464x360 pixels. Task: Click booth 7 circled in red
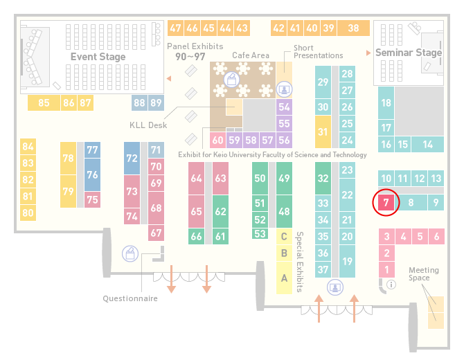[386, 203]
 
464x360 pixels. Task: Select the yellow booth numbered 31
[323, 132]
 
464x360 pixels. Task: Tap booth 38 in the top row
[354, 28]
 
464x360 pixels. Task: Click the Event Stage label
[98, 57]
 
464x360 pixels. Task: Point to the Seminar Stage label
[409, 53]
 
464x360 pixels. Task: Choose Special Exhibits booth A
[284, 278]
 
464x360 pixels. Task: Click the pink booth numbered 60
[217, 141]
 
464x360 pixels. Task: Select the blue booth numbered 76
[92, 175]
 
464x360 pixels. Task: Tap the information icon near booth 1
[391, 285]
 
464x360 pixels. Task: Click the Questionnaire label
[130, 298]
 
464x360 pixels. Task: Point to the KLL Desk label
[148, 125]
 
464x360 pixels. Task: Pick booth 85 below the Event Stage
[44, 103]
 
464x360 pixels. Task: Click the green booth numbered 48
[284, 211]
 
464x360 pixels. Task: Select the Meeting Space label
[424, 274]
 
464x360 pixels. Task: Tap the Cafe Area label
[251, 55]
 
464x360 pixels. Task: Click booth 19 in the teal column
[347, 261]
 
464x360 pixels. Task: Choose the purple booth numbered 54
[284, 107]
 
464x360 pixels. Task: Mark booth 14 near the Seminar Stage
[427, 145]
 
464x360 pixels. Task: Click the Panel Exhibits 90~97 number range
[190, 57]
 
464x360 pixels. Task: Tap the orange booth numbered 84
[28, 147]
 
